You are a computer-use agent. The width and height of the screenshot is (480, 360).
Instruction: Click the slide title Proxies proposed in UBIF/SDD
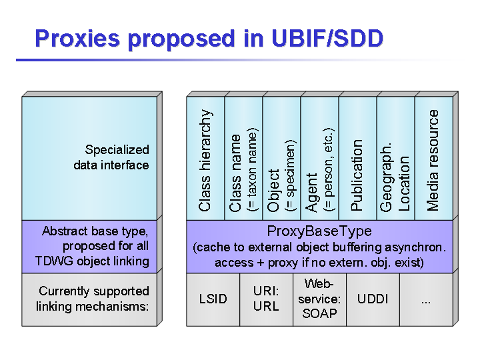pyautogui.click(x=209, y=38)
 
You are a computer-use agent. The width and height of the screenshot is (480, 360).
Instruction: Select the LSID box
pyautogui.click(x=213, y=299)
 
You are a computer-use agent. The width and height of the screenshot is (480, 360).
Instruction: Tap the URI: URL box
pyautogui.click(x=266, y=299)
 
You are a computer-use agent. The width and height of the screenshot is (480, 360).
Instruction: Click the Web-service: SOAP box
pyautogui.click(x=319, y=299)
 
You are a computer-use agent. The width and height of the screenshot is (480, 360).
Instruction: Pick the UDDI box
pyautogui.click(x=373, y=299)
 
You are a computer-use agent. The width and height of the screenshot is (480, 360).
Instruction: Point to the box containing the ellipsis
pyautogui.click(x=426, y=299)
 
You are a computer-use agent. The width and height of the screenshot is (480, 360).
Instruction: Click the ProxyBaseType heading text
pyautogui.click(x=319, y=231)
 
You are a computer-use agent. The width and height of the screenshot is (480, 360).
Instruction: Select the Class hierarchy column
pyautogui.click(x=205, y=160)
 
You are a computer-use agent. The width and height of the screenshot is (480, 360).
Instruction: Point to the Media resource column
pyautogui.click(x=433, y=160)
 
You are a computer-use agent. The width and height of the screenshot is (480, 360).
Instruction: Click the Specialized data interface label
pyautogui.click(x=111, y=157)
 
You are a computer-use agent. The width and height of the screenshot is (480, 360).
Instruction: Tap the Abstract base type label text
pyautogui.click(x=95, y=231)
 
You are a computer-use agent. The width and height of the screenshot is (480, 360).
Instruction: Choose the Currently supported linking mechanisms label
pyautogui.click(x=93, y=299)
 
